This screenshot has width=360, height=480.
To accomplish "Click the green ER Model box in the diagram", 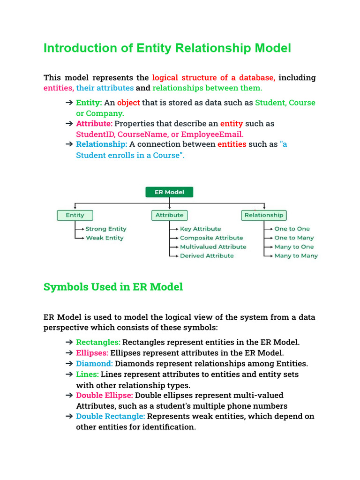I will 169,192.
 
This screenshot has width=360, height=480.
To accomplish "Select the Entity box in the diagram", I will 75,215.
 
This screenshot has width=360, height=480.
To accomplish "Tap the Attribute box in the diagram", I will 169,215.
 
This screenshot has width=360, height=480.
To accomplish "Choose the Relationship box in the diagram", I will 264,215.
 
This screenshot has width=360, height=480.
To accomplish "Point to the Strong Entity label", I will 106,229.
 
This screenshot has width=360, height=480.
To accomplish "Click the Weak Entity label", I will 105,238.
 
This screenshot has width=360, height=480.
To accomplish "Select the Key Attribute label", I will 201,229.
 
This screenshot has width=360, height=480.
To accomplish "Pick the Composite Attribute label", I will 211,238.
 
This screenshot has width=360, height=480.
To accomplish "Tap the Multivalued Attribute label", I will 213,247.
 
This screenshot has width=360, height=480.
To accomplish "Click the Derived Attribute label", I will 207,255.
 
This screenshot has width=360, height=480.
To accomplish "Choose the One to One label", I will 292,229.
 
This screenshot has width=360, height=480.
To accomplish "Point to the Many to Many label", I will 296,255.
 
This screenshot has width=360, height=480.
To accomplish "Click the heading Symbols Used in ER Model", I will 113,287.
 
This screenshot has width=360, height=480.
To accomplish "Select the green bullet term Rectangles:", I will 98,342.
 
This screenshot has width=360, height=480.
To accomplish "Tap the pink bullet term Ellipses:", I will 92,353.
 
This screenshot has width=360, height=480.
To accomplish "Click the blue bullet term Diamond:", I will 94,363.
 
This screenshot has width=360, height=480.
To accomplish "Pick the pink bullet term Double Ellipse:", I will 104,395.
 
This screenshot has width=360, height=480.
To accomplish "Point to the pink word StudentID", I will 95,134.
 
